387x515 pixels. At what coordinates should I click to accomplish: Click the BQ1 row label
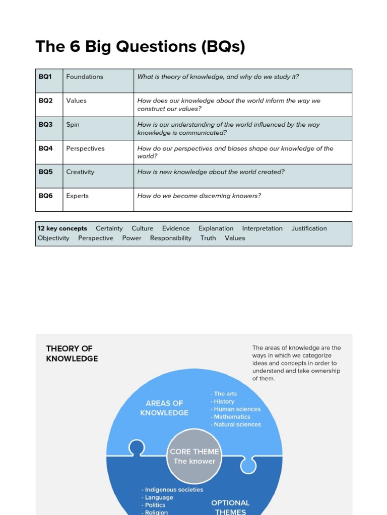pyautogui.click(x=45, y=77)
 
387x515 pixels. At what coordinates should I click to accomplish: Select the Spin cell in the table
pyautogui.click(x=73, y=125)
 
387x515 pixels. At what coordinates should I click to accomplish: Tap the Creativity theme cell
pyautogui.click(x=80, y=172)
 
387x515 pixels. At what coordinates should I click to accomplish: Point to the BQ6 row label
pyautogui.click(x=45, y=196)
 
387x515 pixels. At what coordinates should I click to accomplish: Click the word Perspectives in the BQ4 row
pyautogui.click(x=85, y=149)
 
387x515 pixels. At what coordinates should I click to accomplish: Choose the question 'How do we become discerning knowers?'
pyautogui.click(x=199, y=196)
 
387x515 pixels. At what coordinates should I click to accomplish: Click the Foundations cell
pyautogui.click(x=85, y=77)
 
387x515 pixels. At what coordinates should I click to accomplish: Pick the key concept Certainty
pyautogui.click(x=109, y=228)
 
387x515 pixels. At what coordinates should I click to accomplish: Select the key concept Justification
pyautogui.click(x=309, y=228)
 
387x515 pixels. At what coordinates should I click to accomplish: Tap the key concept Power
pyautogui.click(x=132, y=238)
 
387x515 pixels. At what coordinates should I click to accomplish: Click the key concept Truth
pyautogui.click(x=208, y=238)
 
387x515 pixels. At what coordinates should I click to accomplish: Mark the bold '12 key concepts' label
pyautogui.click(x=62, y=228)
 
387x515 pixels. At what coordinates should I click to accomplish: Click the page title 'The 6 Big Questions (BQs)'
pyautogui.click(x=140, y=47)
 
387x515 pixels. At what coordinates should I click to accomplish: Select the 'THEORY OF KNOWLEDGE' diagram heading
pyautogui.click(x=72, y=354)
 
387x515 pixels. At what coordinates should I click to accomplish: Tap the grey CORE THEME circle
pyautogui.click(x=194, y=456)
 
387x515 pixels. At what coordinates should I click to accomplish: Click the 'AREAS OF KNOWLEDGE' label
pyautogui.click(x=164, y=408)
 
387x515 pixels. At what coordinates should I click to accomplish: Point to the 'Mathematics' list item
pyautogui.click(x=232, y=417)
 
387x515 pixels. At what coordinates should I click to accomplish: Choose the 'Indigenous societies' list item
pyautogui.click(x=173, y=490)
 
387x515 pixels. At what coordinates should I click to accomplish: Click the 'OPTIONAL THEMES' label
pyautogui.click(x=230, y=507)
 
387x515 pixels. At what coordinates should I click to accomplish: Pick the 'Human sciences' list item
pyautogui.click(x=237, y=409)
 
